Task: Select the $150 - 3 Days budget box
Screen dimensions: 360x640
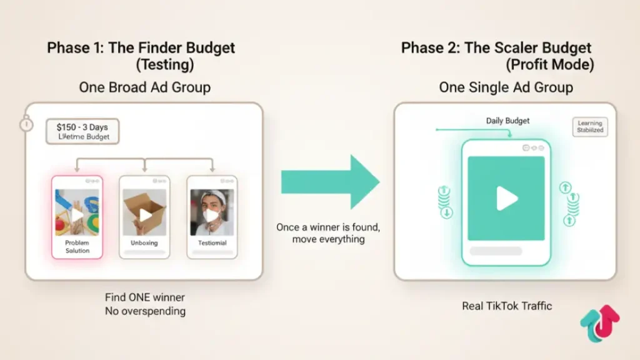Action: [x=82, y=131]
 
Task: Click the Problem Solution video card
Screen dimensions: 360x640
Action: [x=77, y=216]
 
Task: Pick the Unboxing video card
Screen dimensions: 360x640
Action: [x=144, y=216]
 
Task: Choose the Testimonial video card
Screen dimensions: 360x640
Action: [x=212, y=216]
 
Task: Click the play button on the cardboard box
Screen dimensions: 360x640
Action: [x=145, y=214]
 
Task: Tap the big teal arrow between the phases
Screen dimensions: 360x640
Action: [x=330, y=182]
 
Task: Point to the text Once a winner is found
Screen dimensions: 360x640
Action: [x=328, y=228]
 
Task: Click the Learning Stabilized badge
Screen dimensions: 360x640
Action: [x=589, y=127]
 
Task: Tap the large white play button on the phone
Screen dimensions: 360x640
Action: [x=506, y=199]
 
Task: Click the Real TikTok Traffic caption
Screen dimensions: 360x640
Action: [x=506, y=306]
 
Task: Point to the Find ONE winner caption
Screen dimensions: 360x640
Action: [x=144, y=297]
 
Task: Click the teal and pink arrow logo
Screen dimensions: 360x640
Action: [x=599, y=324]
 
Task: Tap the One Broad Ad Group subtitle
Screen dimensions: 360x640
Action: [x=144, y=87]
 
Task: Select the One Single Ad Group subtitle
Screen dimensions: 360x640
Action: [x=506, y=87]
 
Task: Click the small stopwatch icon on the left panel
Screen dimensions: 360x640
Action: [x=26, y=123]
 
